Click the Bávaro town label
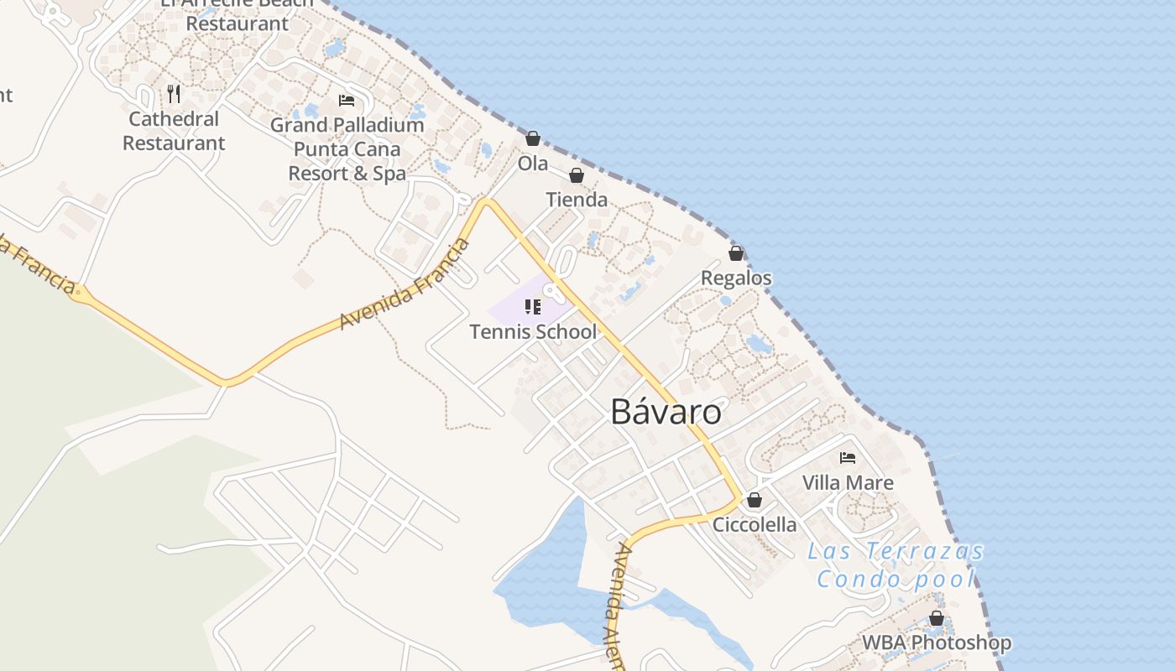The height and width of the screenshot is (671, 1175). (666, 412)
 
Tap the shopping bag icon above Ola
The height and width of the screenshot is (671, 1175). (533, 138)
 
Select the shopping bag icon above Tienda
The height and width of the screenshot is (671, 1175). (577, 175)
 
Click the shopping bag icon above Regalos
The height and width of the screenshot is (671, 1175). (736, 253)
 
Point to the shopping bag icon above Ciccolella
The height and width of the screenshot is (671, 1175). (755, 500)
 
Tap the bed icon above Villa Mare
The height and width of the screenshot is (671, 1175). (848, 458)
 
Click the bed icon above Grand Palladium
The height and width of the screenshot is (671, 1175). (347, 101)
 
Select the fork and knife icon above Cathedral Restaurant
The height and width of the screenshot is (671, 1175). (174, 93)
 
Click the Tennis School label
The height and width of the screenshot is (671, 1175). (533, 331)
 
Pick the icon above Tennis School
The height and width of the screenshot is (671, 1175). (533, 307)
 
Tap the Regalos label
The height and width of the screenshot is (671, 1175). (736, 278)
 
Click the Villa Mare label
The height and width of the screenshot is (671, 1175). (848, 482)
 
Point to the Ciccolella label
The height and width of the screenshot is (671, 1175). (755, 524)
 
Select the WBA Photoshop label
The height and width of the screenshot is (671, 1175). (937, 643)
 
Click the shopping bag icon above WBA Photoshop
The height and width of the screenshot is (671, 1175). (937, 619)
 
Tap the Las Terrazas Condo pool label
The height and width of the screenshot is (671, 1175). (896, 565)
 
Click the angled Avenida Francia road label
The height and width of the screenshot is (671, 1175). (405, 284)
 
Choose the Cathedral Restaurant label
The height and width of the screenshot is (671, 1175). (174, 131)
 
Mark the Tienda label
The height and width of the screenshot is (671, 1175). (577, 200)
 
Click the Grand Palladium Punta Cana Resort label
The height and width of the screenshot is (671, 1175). (347, 149)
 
